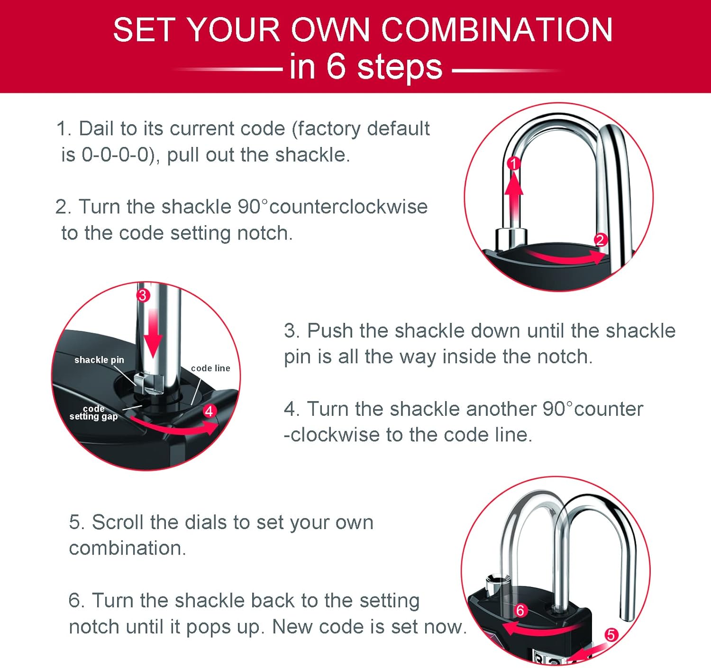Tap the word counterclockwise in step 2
(348, 207)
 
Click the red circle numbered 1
(514, 164)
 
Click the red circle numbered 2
(600, 240)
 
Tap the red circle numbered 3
(143, 295)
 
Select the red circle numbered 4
(209, 411)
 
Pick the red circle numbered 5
(611, 634)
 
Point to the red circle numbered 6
(520, 610)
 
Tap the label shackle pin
(99, 360)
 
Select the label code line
(210, 368)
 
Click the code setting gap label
(93, 412)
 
